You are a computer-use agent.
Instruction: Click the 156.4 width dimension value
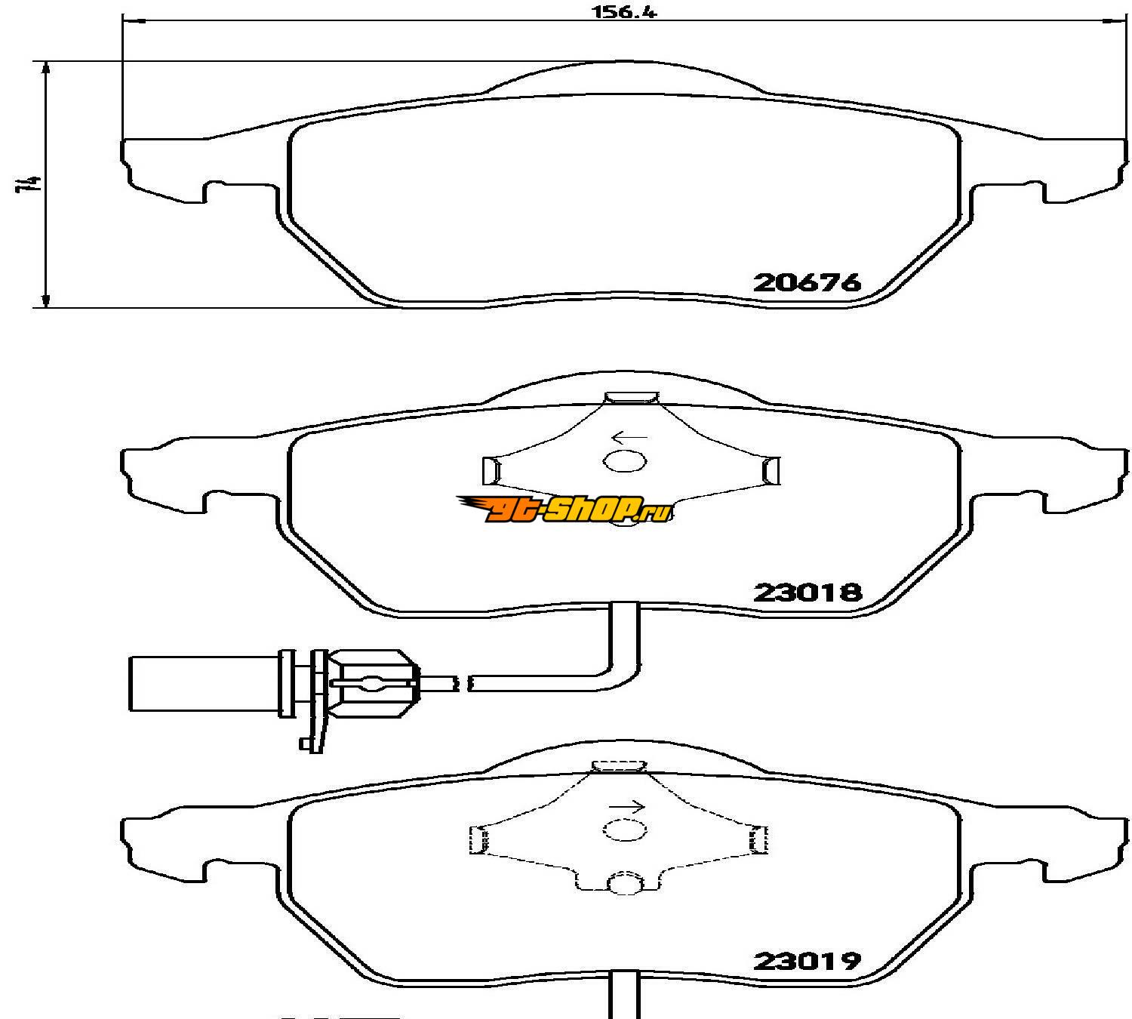[623, 12]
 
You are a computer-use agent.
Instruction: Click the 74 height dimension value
[28, 184]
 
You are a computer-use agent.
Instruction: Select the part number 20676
[807, 282]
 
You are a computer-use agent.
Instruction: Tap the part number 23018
[807, 593]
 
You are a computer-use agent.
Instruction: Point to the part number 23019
[807, 960]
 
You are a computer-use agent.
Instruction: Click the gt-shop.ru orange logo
[564, 509]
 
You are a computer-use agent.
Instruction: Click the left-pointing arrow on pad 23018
[629, 437]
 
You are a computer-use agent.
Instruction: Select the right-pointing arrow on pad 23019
[627, 808]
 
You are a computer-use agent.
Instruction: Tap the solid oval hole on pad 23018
[625, 461]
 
